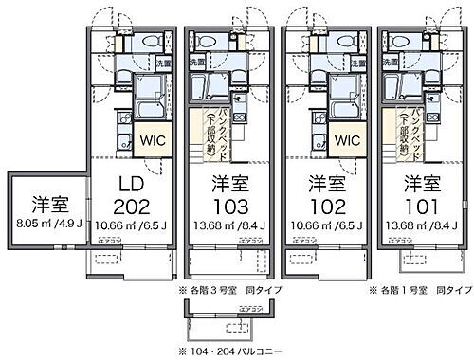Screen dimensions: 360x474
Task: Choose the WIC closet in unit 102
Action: coord(346,140)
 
